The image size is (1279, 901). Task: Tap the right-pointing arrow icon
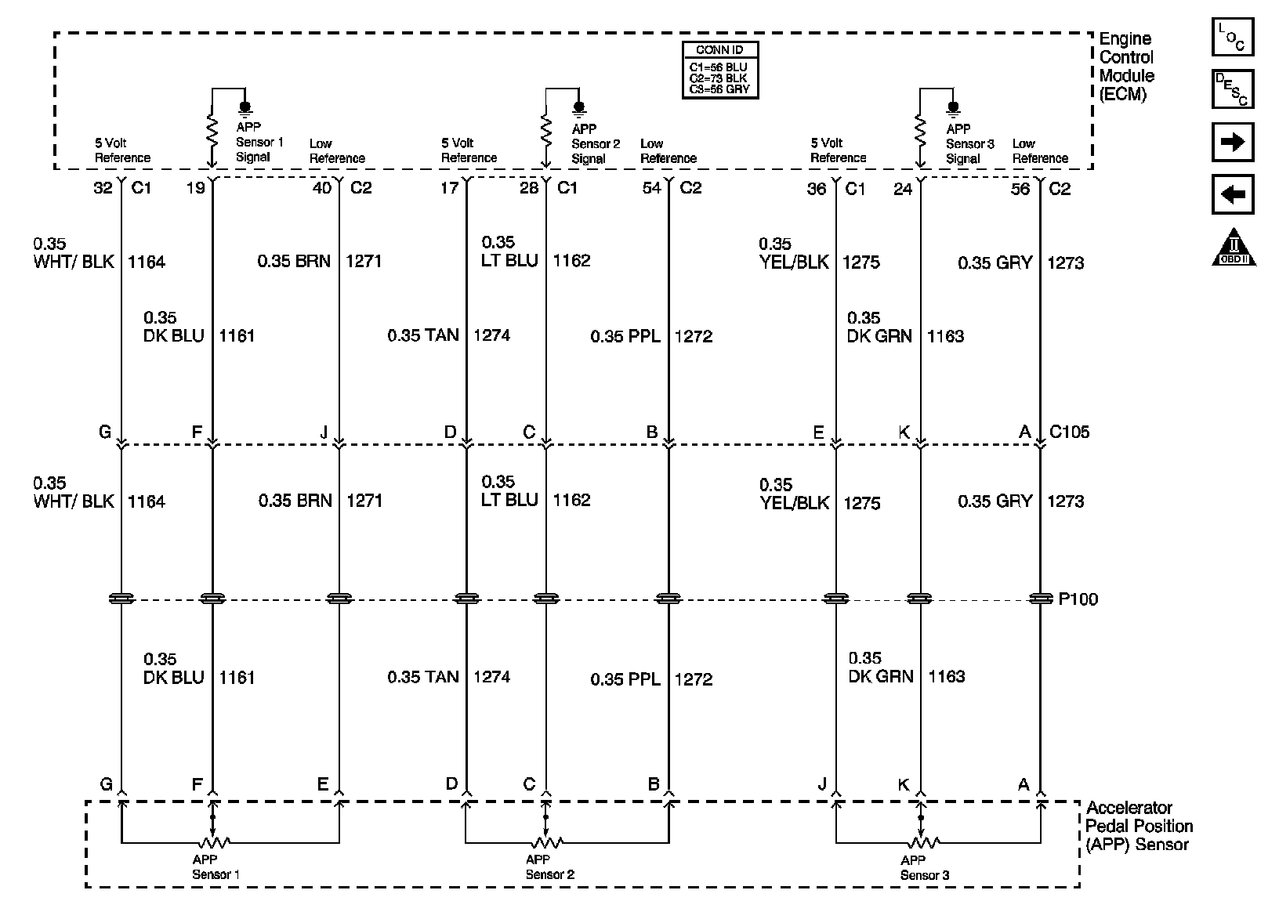pyautogui.click(x=1233, y=143)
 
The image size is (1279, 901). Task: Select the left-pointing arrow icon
pyautogui.click(x=1233, y=194)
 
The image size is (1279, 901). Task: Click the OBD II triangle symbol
pyautogui.click(x=1233, y=248)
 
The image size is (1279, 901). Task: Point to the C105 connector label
pyautogui.click(x=1069, y=432)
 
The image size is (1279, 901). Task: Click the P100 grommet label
pyautogui.click(x=1078, y=599)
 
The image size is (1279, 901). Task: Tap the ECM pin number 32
pyautogui.click(x=103, y=189)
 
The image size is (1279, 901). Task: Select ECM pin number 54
pyautogui.click(x=651, y=189)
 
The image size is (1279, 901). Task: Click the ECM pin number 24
pyautogui.click(x=903, y=189)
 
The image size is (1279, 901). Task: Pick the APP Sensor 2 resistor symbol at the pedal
pyautogui.click(x=546, y=843)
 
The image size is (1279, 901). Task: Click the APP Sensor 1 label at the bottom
pyautogui.click(x=215, y=867)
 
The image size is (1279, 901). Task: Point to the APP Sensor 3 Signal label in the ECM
pyautogui.click(x=969, y=143)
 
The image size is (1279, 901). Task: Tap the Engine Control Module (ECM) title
pyautogui.click(x=1126, y=67)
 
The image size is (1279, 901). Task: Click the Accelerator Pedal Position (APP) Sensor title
pyautogui.click(x=1139, y=826)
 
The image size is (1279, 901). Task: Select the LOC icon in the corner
pyautogui.click(x=1233, y=37)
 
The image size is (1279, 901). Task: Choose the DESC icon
pyautogui.click(x=1233, y=89)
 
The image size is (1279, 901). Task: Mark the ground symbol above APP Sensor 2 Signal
pyautogui.click(x=579, y=108)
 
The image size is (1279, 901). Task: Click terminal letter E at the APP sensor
pyautogui.click(x=323, y=783)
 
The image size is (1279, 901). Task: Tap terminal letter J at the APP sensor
pyautogui.click(x=822, y=784)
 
